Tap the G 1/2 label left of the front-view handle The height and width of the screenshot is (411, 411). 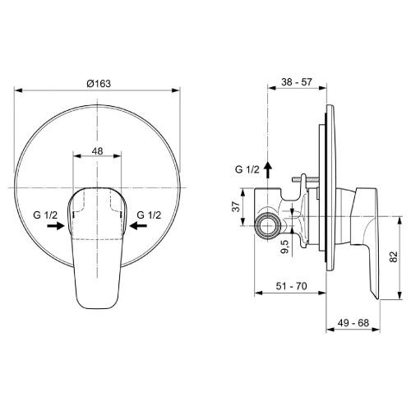click(46, 215)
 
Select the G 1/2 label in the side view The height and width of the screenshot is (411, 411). click(247, 169)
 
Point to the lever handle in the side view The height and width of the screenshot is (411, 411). click(365, 238)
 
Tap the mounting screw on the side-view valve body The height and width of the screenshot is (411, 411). click(303, 183)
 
